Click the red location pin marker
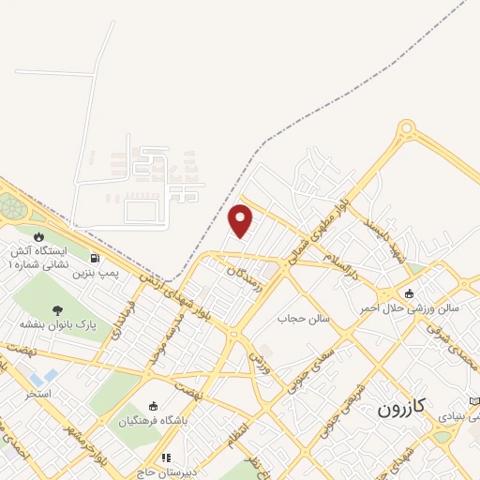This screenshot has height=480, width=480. click(x=241, y=219)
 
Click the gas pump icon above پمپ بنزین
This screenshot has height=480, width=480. click(x=95, y=258)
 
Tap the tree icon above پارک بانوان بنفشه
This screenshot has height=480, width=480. click(x=58, y=310)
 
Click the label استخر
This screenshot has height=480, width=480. click(x=38, y=393)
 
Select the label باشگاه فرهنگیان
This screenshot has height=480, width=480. click(x=154, y=420)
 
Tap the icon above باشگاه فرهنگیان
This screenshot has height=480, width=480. click(x=154, y=405)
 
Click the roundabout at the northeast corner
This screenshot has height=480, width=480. click(x=406, y=128)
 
